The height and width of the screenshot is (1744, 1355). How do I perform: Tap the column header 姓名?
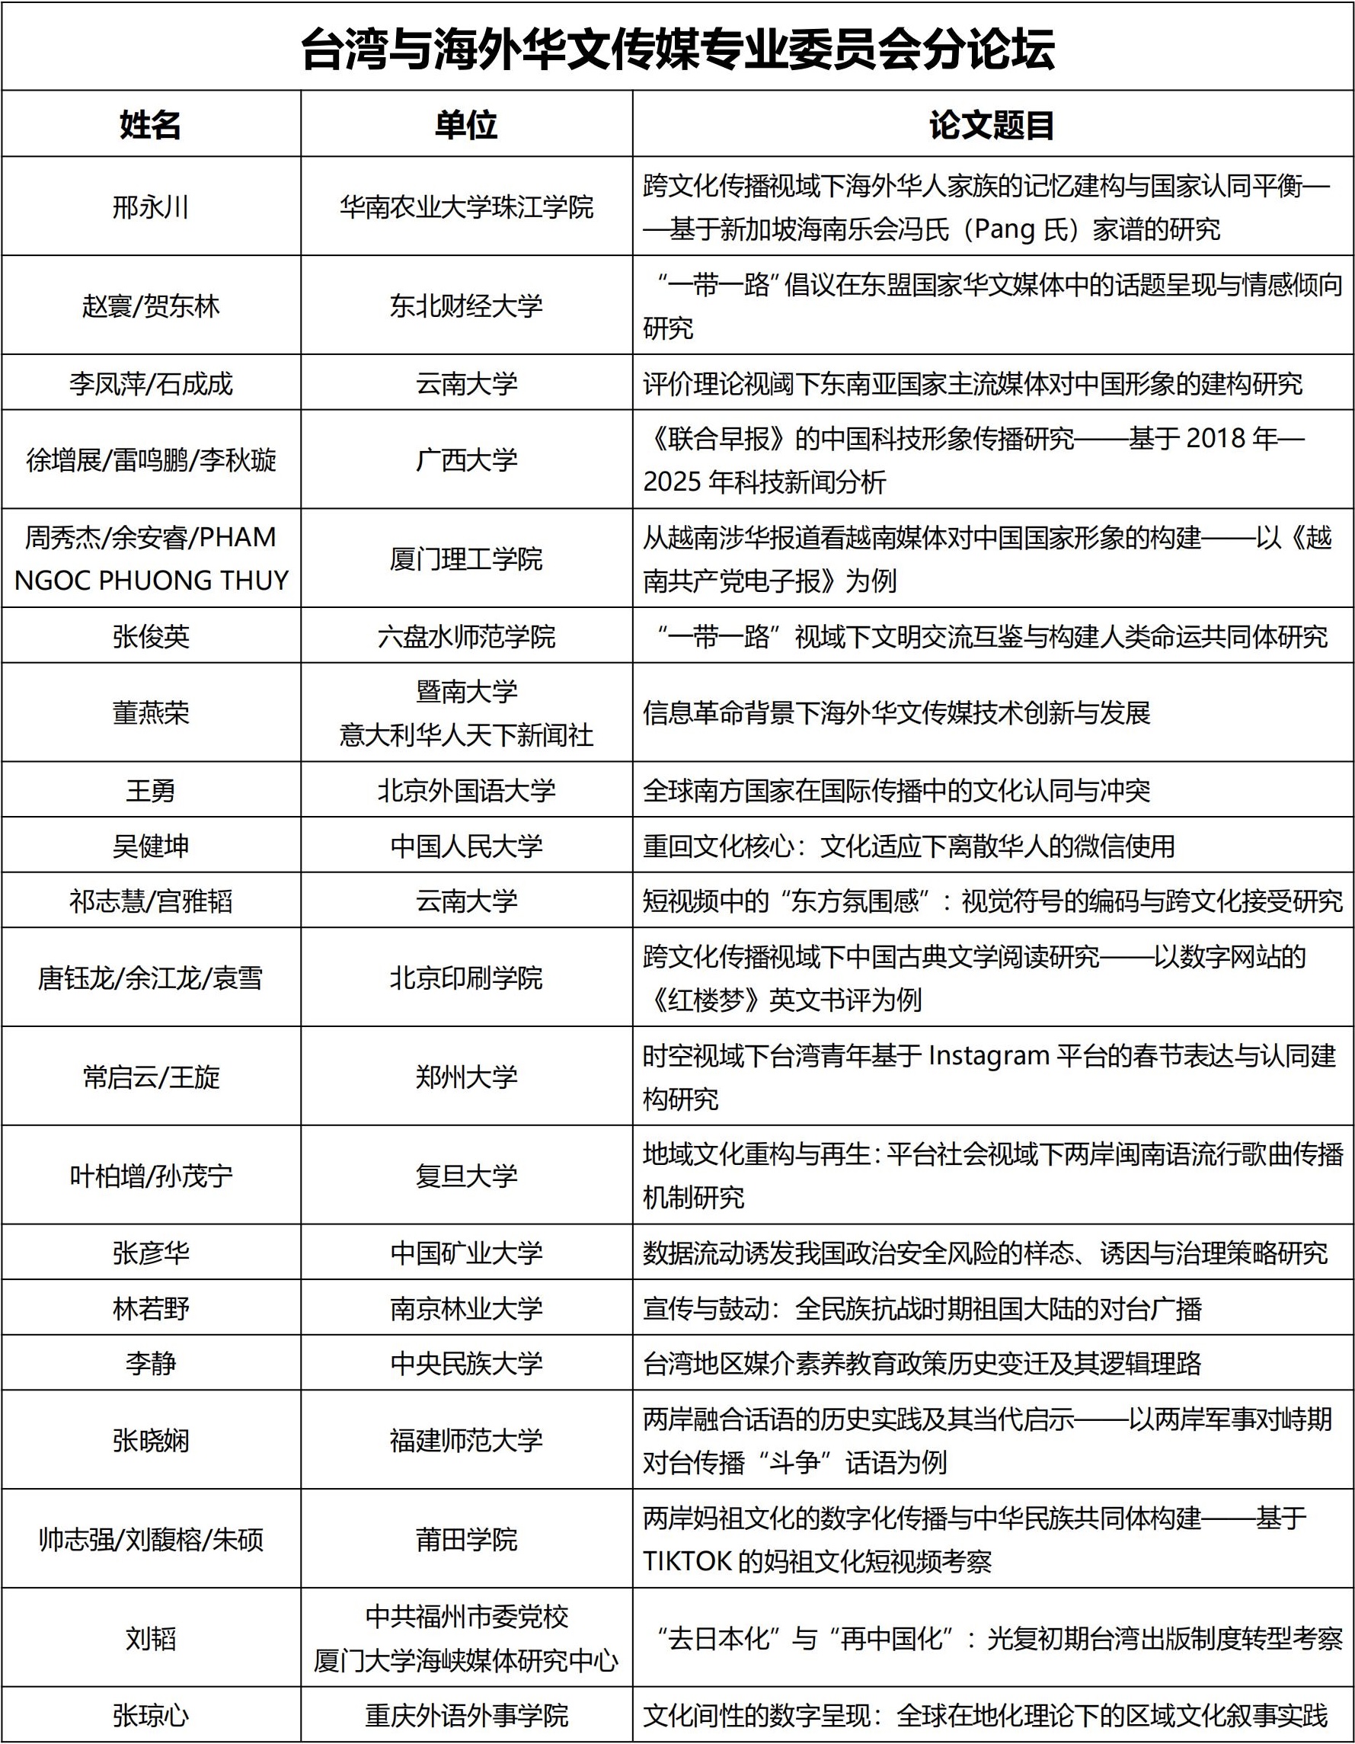[150, 125]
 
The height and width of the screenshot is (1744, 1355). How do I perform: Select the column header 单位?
[466, 125]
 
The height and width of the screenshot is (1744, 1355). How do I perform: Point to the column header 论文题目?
[992, 125]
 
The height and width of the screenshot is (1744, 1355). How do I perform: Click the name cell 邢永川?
[150, 207]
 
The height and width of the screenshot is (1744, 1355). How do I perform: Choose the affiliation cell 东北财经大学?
[466, 306]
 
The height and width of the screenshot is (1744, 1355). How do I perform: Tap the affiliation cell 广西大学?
[466, 460]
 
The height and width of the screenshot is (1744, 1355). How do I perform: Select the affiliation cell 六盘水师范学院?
[466, 636]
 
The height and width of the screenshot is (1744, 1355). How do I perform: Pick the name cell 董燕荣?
[150, 712]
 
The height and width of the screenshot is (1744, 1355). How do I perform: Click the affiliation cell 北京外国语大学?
[466, 791]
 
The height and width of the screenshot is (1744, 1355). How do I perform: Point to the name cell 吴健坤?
[150, 846]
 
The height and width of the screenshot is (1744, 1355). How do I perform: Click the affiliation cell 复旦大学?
[466, 1176]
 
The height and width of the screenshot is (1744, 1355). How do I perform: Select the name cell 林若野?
[150, 1309]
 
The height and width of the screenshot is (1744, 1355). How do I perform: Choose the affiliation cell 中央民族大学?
[466, 1363]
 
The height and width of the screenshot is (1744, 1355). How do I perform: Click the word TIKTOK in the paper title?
[688, 1561]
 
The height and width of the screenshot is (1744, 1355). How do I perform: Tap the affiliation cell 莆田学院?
[466, 1539]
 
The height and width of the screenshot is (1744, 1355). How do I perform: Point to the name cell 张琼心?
[150, 1715]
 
